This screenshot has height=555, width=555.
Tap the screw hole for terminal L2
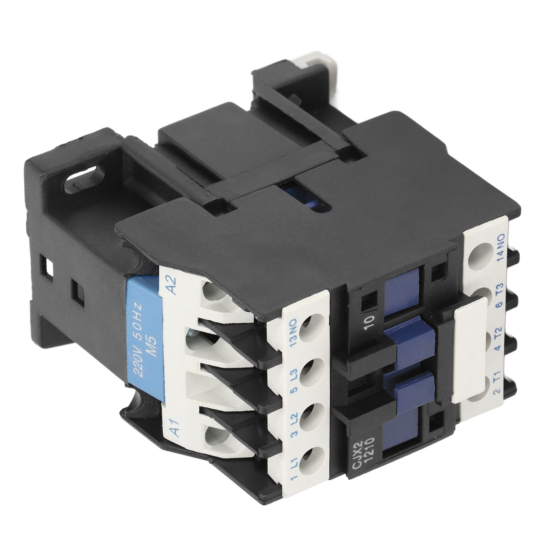click(x=311, y=415)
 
